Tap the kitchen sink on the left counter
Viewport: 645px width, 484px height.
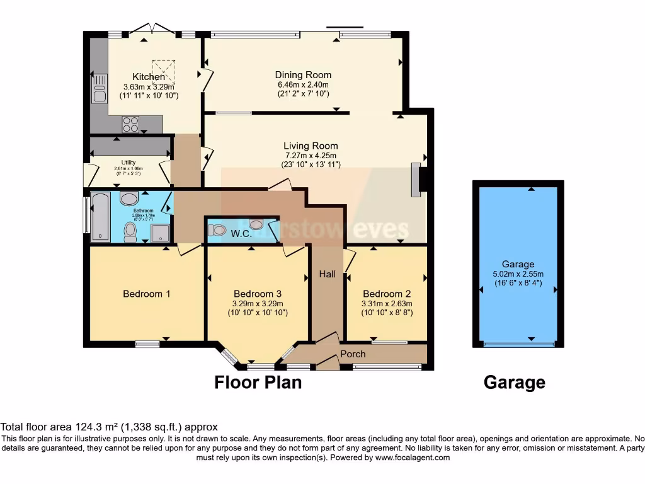[x=99, y=89]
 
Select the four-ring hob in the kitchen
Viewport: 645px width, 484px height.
[x=131, y=124]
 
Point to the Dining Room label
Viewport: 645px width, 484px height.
[x=303, y=75]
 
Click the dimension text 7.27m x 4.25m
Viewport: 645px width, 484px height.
[x=310, y=156]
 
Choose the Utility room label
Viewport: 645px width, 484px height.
[x=128, y=163]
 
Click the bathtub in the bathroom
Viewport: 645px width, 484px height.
[x=101, y=217]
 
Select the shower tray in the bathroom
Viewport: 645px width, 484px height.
[x=161, y=233]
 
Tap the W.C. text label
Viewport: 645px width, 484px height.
[x=241, y=234]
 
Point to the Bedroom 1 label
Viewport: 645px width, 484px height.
[x=146, y=294]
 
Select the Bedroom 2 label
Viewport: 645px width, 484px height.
[x=387, y=294]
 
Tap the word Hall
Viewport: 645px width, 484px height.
[x=327, y=274]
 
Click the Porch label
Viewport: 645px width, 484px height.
[x=353, y=354]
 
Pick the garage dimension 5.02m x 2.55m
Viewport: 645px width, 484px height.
[x=518, y=274]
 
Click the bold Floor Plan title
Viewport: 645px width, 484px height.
[x=258, y=382]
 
